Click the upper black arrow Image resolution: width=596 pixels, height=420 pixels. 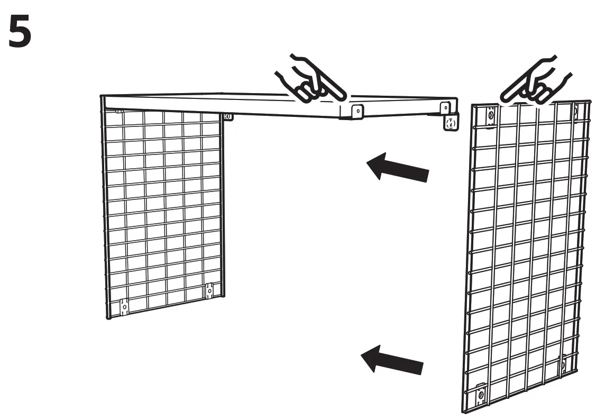(398, 166)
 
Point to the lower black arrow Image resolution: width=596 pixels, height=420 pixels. (392, 360)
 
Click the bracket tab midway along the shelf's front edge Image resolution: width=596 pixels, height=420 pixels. (356, 111)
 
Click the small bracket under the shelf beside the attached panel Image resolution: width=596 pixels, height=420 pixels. (228, 116)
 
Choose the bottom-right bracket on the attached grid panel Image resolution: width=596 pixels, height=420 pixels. (209, 290)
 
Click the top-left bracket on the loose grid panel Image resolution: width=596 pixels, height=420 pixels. (490, 116)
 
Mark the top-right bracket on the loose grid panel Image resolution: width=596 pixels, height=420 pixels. (575, 109)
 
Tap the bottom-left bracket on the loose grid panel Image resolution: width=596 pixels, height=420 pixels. (481, 394)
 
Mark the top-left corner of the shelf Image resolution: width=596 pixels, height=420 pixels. (102, 97)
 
